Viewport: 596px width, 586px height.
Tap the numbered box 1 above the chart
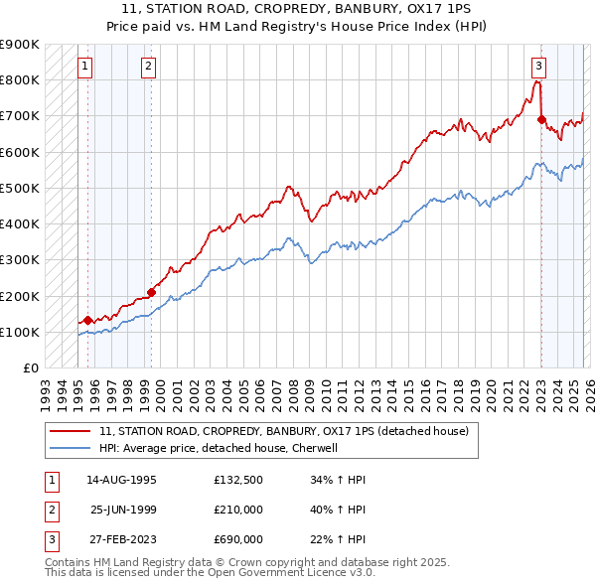[84, 67]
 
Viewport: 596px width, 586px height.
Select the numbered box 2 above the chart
[148, 67]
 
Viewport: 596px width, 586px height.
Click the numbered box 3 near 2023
[538, 67]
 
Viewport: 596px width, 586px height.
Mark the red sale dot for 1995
[87, 320]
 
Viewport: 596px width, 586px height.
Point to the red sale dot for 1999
[152, 292]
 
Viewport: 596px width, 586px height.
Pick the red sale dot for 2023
[541, 119]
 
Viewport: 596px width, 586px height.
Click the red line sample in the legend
[70, 432]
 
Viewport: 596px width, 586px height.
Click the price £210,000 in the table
[238, 510]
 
